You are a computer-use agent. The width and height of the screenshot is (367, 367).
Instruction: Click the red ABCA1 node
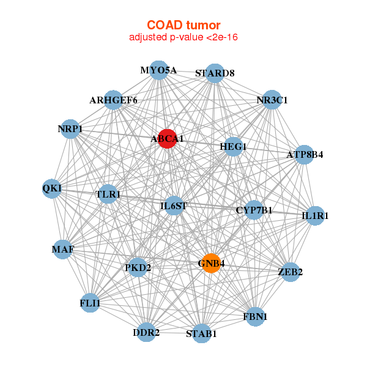click(168, 138)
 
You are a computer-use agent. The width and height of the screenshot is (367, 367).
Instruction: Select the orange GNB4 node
click(211, 264)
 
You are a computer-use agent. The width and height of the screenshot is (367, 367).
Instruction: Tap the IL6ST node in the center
click(173, 206)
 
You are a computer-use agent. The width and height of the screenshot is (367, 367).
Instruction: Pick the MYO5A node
click(158, 70)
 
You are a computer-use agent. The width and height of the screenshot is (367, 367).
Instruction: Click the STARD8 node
click(215, 73)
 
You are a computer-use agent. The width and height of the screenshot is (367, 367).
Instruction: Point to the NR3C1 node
click(272, 100)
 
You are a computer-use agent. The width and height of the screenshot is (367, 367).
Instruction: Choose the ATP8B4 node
click(304, 154)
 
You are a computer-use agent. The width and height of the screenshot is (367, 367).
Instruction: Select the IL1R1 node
click(315, 215)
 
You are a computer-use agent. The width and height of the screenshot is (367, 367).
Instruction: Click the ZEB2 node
click(290, 272)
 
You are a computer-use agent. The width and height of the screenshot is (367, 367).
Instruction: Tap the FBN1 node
click(255, 317)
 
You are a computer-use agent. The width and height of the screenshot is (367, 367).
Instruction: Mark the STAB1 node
click(201, 334)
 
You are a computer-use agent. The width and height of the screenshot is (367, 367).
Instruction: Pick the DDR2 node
click(146, 333)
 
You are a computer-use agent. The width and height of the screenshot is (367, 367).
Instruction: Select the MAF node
click(62, 250)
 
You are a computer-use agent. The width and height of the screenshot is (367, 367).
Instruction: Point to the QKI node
click(52, 188)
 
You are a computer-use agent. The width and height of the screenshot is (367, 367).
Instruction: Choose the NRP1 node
click(70, 129)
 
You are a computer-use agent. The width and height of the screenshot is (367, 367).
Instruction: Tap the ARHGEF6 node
click(113, 100)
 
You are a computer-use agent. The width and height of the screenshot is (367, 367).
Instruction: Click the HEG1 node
click(232, 147)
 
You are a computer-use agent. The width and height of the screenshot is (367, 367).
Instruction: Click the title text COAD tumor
click(183, 25)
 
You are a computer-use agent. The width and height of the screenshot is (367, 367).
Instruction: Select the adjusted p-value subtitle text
click(183, 37)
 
